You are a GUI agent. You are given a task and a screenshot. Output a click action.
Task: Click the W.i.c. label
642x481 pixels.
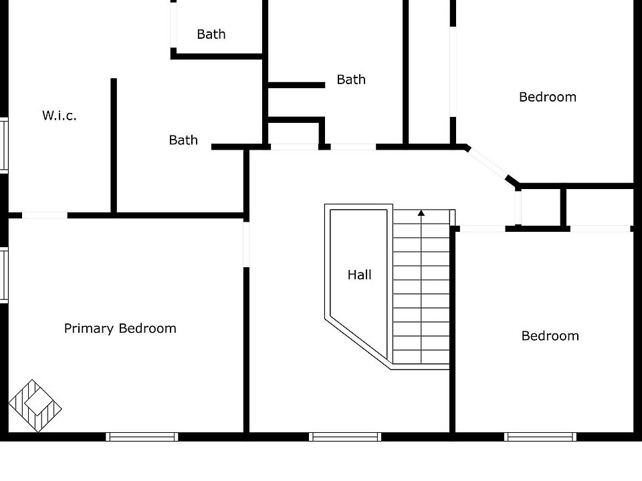[x=60, y=116]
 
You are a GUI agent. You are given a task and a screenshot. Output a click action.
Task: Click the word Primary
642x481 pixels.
[x=89, y=329]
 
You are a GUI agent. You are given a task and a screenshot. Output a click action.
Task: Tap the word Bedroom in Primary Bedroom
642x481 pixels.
[x=148, y=329]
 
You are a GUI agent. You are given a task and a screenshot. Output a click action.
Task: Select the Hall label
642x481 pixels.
[x=360, y=275]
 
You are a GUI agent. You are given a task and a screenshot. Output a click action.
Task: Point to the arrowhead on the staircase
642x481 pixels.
[x=421, y=212]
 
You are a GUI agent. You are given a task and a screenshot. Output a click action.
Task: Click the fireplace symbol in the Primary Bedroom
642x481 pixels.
[x=35, y=406]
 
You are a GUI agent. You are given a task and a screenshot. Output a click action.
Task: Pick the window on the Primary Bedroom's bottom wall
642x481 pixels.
[x=142, y=437]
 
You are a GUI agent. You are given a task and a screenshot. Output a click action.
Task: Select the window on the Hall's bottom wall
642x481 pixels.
[x=345, y=437]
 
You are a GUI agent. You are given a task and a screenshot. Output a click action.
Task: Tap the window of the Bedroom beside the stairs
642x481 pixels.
[x=540, y=437]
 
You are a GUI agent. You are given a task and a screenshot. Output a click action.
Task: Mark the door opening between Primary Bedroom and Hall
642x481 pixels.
[x=247, y=245]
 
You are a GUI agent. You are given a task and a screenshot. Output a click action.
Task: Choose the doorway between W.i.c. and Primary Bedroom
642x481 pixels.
[x=45, y=215]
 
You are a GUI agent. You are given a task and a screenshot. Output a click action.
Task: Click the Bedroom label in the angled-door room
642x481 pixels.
[x=548, y=97]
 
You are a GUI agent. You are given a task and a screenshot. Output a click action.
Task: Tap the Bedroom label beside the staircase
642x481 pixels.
[x=550, y=336]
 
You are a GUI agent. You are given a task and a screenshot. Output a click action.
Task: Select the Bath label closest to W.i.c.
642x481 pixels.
[x=183, y=140]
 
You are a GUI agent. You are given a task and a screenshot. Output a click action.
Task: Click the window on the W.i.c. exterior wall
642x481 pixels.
[x=4, y=145]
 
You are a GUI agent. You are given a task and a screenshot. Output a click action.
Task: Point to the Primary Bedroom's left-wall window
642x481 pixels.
[x=4, y=275]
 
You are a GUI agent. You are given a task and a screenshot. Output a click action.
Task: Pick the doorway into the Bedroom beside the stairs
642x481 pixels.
[x=482, y=228]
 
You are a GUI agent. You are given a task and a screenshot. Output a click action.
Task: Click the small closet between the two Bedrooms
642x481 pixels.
[x=541, y=207]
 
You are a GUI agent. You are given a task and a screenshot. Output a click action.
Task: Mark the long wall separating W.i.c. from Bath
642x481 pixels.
[x=114, y=145]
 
